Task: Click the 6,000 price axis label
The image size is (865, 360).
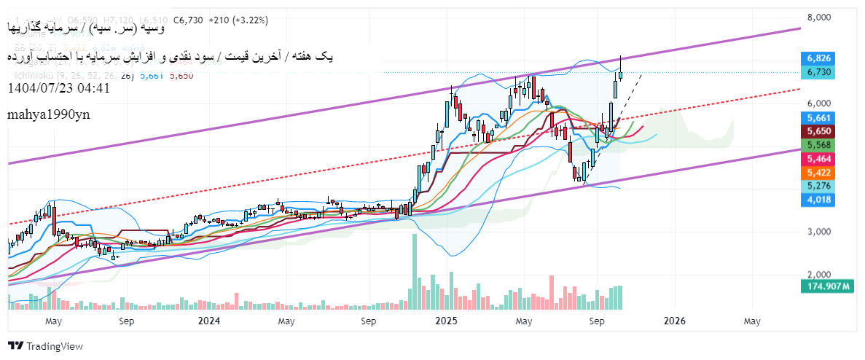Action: click(x=826, y=103)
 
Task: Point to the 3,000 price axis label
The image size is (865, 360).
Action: click(x=826, y=232)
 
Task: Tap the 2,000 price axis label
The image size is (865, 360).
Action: click(x=826, y=275)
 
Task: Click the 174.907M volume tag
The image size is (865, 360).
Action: click(x=829, y=287)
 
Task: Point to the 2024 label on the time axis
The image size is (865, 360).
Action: click(x=208, y=321)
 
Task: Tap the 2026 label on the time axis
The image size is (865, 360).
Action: click(x=674, y=321)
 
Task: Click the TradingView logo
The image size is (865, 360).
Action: click(x=45, y=346)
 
